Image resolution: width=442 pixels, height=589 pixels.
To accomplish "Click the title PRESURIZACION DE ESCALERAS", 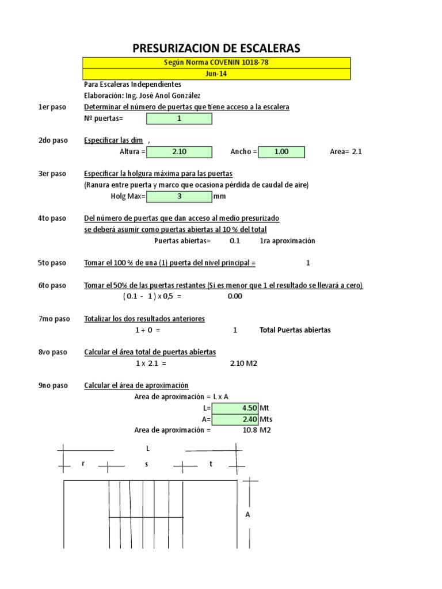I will (216, 48).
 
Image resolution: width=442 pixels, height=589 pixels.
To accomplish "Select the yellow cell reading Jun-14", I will (216, 74).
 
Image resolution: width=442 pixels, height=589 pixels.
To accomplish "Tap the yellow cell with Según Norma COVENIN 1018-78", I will (216, 63).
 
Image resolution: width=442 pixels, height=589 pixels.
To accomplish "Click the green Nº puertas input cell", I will (180, 118).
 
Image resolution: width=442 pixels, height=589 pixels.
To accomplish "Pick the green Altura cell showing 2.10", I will (180, 152).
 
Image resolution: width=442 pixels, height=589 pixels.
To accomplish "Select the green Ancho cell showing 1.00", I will (281, 152).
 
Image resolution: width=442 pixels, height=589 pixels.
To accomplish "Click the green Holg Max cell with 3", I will (180, 196).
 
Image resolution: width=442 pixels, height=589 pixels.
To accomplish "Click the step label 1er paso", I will (52, 107).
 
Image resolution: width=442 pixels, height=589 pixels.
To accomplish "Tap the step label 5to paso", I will (52, 263).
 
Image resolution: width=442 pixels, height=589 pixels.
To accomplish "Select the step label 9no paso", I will (53, 385).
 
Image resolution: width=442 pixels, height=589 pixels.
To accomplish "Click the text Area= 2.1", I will (346, 152).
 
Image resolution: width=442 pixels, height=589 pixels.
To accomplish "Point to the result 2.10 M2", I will (243, 364).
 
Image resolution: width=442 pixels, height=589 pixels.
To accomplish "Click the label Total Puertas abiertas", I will (295, 330).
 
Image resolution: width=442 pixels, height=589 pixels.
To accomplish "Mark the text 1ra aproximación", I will (287, 241).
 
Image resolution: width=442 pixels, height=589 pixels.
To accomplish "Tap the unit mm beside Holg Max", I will (219, 196).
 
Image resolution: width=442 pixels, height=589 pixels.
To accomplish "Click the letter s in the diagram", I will (147, 464).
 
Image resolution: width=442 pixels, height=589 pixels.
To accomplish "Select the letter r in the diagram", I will (83, 464).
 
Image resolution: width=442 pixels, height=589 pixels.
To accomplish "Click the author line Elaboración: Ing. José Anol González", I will (142, 95).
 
